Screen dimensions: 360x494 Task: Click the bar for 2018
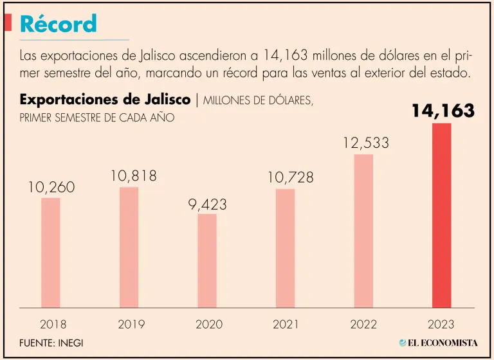point(51,252)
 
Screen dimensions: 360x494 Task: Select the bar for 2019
point(129,247)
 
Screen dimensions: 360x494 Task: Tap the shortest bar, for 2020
point(207,260)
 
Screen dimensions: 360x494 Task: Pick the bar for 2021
point(285,248)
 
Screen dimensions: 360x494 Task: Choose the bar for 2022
point(363,230)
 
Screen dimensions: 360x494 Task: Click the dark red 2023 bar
point(441,215)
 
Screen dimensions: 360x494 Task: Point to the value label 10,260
point(51,187)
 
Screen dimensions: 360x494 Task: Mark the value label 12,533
point(365,143)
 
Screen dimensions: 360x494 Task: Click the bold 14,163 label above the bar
point(443,111)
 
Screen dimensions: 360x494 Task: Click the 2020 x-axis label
point(208,325)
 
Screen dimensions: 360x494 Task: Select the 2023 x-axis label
point(441,325)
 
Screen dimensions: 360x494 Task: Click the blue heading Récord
point(59,24)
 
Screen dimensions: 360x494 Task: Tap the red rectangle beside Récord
point(8,23)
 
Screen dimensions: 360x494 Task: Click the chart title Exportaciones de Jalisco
point(105,100)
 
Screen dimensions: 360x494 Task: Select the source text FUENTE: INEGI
point(51,343)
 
